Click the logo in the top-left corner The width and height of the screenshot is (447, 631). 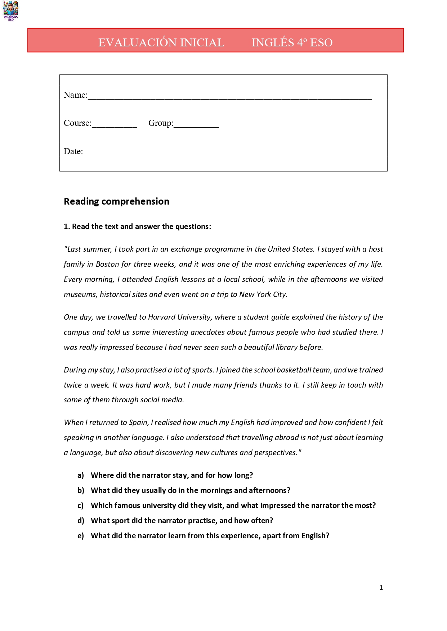point(11,10)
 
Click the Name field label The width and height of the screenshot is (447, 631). point(75,95)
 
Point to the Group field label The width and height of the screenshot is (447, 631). point(161,123)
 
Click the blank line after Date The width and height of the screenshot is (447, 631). point(119,153)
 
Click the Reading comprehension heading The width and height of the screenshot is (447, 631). point(116,201)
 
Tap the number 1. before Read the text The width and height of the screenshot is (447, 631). point(67,227)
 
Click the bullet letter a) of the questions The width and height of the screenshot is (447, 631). point(81,475)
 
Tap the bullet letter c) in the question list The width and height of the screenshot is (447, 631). point(81,506)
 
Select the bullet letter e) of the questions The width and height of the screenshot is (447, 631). point(81,536)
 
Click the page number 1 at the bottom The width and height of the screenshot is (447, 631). point(381,587)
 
